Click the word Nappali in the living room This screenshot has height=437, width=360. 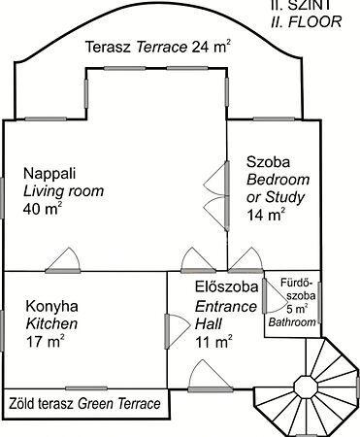coord(49,174)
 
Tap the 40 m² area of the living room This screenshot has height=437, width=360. coord(42,209)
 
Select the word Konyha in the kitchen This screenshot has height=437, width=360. coord(51,306)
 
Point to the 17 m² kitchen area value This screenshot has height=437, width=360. coord(45,341)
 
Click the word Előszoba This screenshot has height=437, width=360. coord(227,286)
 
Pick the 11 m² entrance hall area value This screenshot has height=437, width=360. coord(213,342)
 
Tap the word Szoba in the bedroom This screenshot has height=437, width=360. coord(268,161)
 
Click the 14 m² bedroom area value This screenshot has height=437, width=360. coord(266,215)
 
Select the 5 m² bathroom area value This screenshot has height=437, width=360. coord(297,309)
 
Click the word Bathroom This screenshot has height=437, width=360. coord(292,322)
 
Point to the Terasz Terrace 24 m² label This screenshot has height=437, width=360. coord(158,47)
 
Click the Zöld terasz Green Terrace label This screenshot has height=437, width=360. coord(84,404)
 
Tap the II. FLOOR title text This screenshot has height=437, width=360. coord(306,21)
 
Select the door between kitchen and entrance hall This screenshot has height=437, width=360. coord(178,331)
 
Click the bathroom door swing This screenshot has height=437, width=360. coord(275,295)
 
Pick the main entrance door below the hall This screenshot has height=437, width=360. coord(211,376)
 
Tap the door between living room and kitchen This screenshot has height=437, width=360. coord(63,261)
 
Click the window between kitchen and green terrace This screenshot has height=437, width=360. coord(86,388)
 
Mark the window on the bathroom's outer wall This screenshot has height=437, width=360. coord(319,303)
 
